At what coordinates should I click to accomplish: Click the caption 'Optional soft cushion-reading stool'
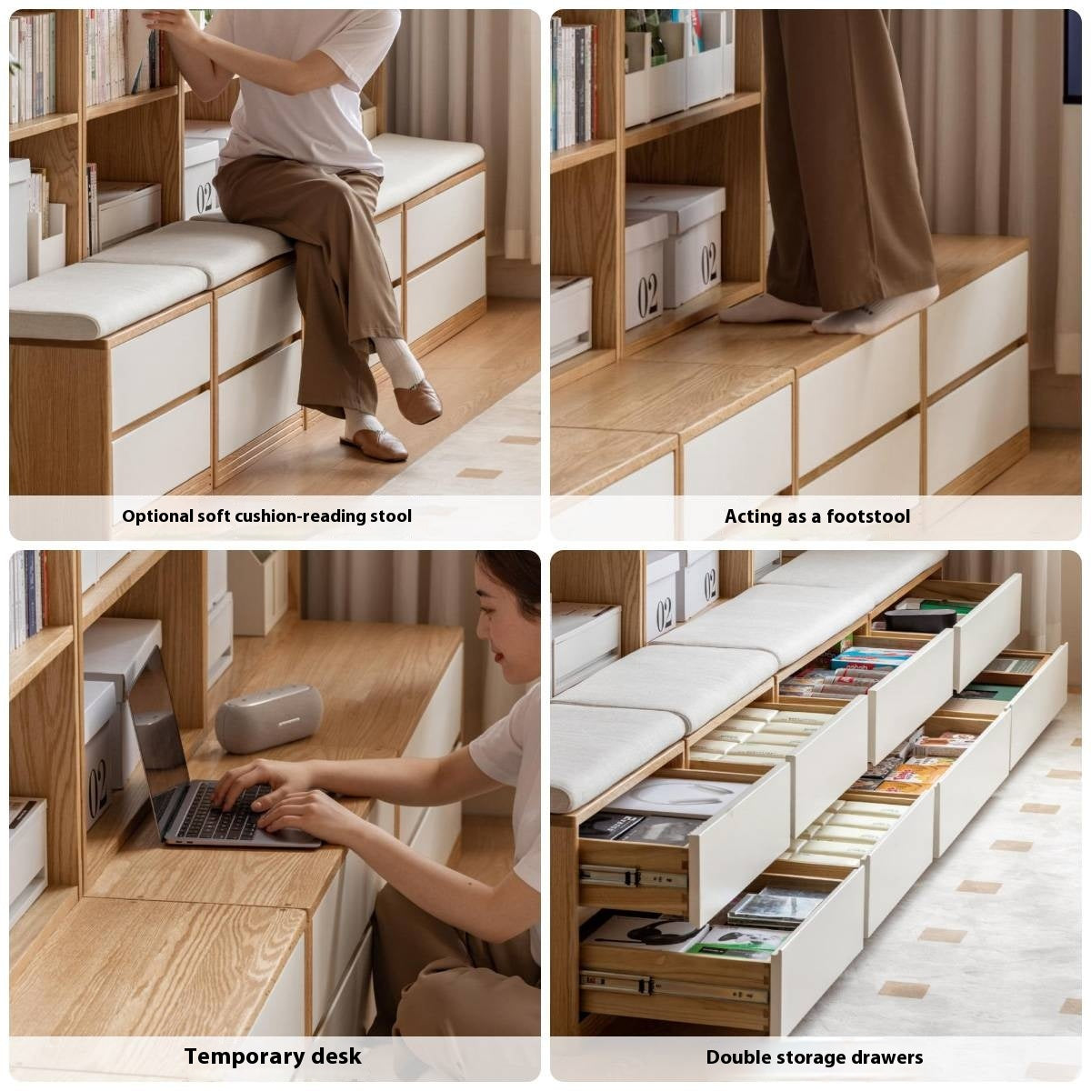coord(266,516)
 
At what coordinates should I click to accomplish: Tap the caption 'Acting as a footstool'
coord(816,516)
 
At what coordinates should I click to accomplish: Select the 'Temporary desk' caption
coord(273,1056)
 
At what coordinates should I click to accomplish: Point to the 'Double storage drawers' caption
coord(814,1057)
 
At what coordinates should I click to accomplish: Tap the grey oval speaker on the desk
coord(269,718)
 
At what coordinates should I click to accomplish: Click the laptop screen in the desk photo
coord(158,718)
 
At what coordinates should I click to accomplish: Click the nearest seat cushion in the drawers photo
coord(614,750)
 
